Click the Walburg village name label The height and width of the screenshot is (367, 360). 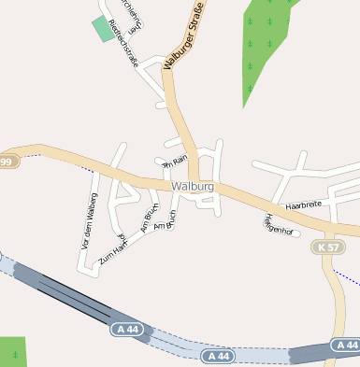(194, 187)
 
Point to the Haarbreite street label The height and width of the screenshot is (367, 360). (303, 204)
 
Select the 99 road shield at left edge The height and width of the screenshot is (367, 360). (7, 162)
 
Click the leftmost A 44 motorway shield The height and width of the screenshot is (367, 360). (127, 329)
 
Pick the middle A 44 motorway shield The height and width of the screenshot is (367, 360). (218, 356)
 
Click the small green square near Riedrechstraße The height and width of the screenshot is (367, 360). (101, 28)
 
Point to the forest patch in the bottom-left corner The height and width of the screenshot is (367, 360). (12, 352)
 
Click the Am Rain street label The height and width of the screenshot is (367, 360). (174, 162)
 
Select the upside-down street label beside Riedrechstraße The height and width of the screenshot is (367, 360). (135, 16)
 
